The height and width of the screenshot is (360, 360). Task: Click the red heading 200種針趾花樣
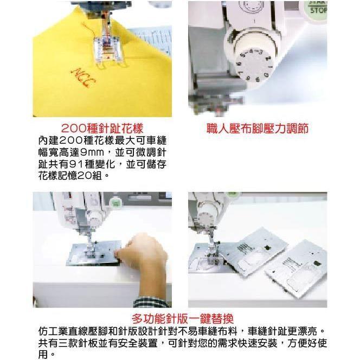coord(102,128)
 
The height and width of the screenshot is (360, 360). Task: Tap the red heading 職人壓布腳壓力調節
coord(258,129)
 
